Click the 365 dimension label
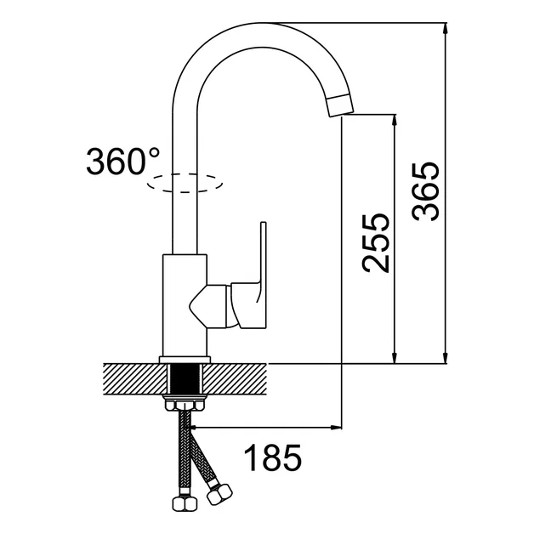pos(426,190)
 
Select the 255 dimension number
pos(375,242)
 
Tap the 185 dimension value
pos(274,459)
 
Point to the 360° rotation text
pos(122,161)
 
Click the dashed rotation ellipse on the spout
pos(185,181)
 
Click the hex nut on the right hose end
pos(221,493)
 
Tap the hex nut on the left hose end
pos(183,503)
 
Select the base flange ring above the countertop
pos(185,358)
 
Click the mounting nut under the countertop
pos(185,399)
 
